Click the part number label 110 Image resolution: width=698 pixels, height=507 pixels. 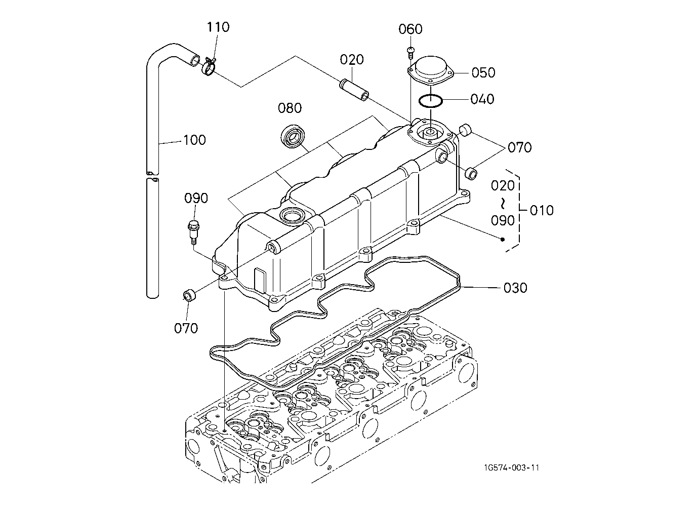click(218, 27)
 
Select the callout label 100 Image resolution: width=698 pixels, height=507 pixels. click(194, 140)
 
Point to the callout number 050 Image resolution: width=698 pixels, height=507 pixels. click(483, 72)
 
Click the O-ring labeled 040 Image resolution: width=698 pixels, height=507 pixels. click(430, 101)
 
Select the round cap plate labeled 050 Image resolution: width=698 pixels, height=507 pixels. click(431, 71)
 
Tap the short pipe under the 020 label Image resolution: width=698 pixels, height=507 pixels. click(354, 90)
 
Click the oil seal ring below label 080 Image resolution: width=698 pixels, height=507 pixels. click(293, 136)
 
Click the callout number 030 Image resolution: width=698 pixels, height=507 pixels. click(515, 288)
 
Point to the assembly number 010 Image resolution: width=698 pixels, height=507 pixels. click(542, 211)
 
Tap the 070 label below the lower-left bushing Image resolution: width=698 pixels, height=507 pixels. click(186, 328)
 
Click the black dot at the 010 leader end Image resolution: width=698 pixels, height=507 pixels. click(502, 240)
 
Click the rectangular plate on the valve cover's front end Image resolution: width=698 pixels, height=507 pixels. click(260, 279)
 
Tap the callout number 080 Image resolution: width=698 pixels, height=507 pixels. click(290, 108)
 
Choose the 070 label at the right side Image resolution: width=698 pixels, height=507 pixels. click(519, 147)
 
